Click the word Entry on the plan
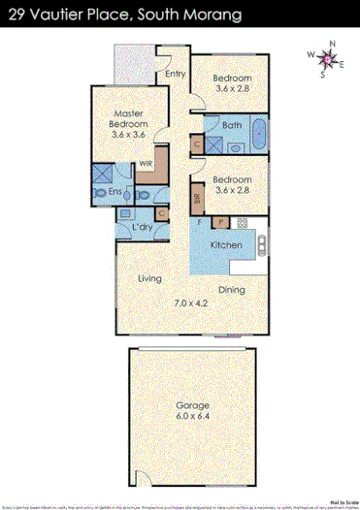(x=176, y=74)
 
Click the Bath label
(x=231, y=125)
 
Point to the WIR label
(x=146, y=164)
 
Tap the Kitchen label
(x=226, y=246)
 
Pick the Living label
(x=148, y=279)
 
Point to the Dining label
(x=230, y=289)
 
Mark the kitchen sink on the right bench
(x=260, y=247)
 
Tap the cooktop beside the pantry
(x=240, y=225)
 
